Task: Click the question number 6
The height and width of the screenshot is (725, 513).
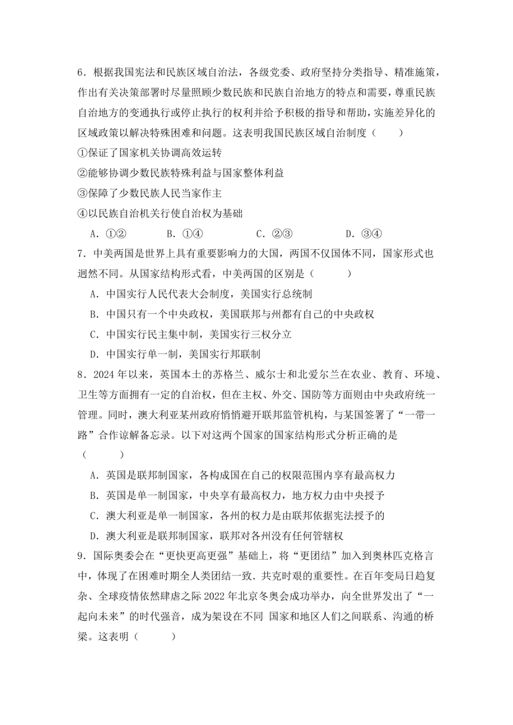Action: (81, 72)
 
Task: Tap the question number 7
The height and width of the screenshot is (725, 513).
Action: (81, 254)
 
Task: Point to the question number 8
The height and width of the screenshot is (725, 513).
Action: (81, 375)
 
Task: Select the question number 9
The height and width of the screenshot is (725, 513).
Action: (81, 556)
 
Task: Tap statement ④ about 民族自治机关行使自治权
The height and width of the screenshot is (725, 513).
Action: (160, 213)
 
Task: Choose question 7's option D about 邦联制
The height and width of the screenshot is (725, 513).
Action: (175, 354)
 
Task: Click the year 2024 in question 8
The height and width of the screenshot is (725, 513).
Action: (104, 375)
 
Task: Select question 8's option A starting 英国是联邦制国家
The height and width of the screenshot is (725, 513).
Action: (242, 475)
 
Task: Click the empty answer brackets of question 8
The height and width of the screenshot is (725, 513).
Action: (103, 455)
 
